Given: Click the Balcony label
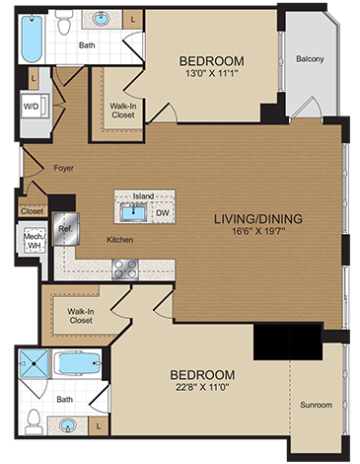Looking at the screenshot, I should pos(310,59).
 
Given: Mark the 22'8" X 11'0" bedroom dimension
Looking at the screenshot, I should pos(202,390).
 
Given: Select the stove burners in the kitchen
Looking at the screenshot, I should pos(125,267).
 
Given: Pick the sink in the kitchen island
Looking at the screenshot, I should pos(130,210).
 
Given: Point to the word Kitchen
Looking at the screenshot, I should pos(120,240).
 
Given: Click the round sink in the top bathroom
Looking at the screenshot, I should pos(101,19).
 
